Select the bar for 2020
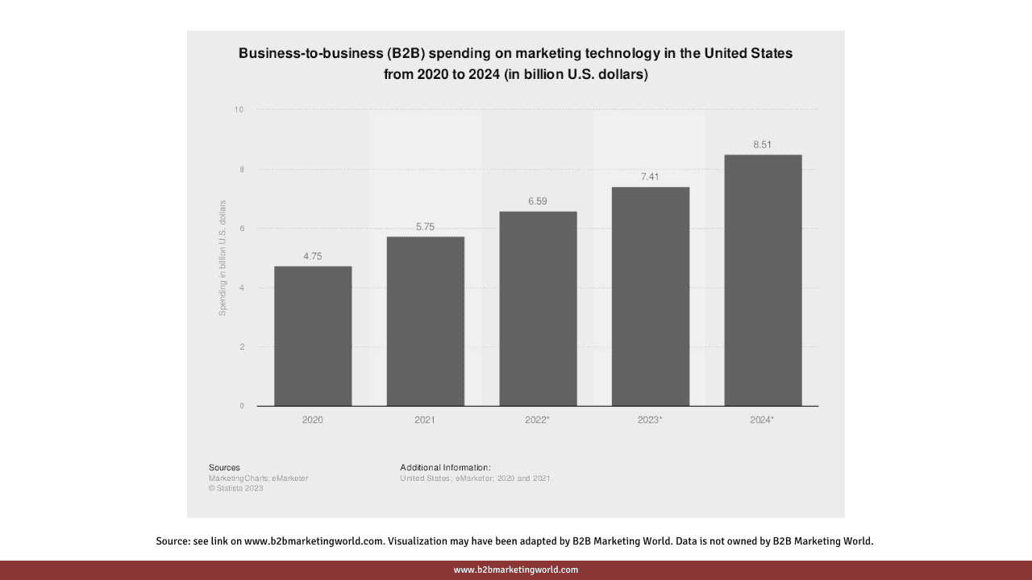[313, 336]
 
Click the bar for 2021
[425, 321]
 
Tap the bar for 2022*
[538, 309]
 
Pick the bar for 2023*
[650, 296]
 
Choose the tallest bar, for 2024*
[763, 280]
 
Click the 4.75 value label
[313, 256]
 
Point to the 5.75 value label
[425, 227]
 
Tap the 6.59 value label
[538, 201]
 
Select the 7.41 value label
[650, 176]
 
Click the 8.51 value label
[763, 144]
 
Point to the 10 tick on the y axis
[239, 110]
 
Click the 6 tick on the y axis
[241, 229]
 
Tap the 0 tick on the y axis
[241, 406]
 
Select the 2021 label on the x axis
[425, 420]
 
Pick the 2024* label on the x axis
[762, 420]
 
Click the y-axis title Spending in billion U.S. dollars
[223, 258]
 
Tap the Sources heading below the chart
[224, 467]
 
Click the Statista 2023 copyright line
[235, 488]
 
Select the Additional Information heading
[445, 467]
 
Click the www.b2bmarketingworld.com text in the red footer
[516, 570]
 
